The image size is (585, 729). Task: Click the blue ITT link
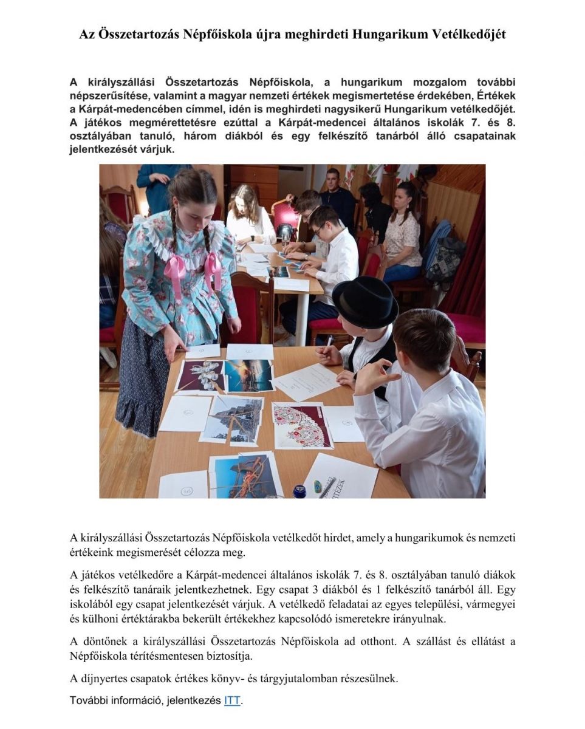tap(232, 700)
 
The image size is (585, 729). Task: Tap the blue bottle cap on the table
tap(300, 490)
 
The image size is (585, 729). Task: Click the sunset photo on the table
tap(248, 374)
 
